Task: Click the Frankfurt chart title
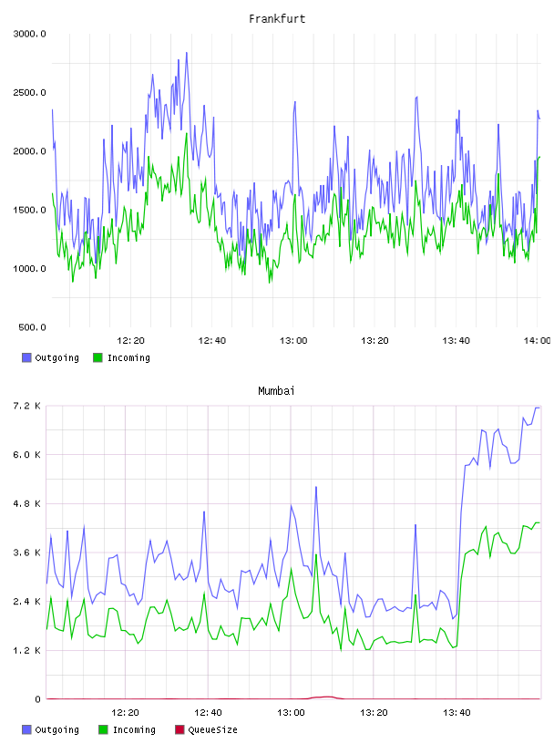pyautogui.click(x=277, y=19)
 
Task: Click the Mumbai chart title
pyautogui.click(x=276, y=391)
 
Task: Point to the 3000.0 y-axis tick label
pyautogui.click(x=29, y=34)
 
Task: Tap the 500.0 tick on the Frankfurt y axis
pyautogui.click(x=32, y=327)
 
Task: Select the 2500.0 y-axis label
pyautogui.click(x=29, y=92)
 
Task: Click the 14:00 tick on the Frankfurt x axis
pyautogui.click(x=537, y=341)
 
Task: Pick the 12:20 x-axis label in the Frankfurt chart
pyautogui.click(x=130, y=341)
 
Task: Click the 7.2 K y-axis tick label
pyautogui.click(x=27, y=406)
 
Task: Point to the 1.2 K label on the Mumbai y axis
pyautogui.click(x=27, y=650)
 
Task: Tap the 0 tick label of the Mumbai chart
pyautogui.click(x=38, y=699)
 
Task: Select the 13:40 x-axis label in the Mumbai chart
pyautogui.click(x=457, y=713)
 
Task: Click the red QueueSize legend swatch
pyautogui.click(x=180, y=729)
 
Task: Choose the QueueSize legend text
pyautogui.click(x=212, y=729)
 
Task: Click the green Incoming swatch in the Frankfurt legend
pyautogui.click(x=97, y=357)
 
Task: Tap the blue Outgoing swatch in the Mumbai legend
pyautogui.click(x=26, y=729)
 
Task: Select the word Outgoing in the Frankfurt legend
pyautogui.click(x=56, y=357)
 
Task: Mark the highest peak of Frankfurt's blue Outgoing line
pyautogui.click(x=187, y=53)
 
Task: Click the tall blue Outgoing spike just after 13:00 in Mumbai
pyautogui.click(x=316, y=487)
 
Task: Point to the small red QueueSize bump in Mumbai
pyautogui.click(x=326, y=697)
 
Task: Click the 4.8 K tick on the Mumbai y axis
pyautogui.click(x=27, y=504)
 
